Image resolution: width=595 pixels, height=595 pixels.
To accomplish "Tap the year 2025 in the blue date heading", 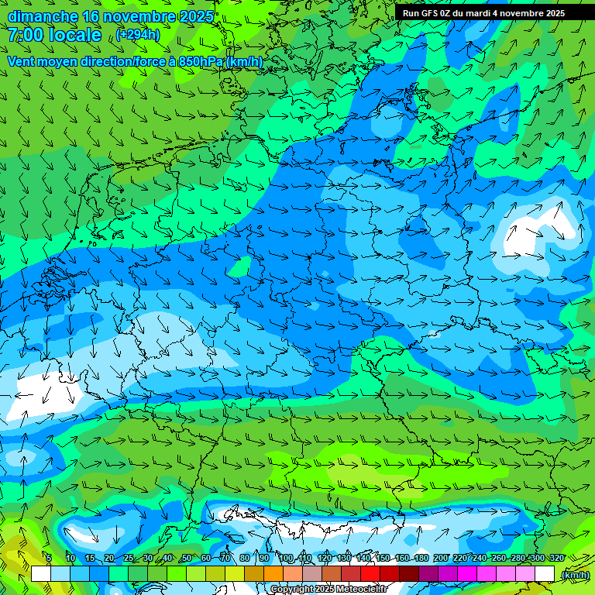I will click(x=195, y=16).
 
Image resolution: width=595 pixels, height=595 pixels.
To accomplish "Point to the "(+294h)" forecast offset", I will click(x=138, y=35).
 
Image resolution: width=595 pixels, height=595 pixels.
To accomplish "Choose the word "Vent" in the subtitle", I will click(x=23, y=61).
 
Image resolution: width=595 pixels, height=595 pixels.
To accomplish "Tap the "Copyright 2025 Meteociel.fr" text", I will click(x=328, y=590).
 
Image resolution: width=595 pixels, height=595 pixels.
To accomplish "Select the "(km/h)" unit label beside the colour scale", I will click(x=574, y=575).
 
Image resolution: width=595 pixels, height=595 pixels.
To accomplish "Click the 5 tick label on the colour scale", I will click(x=48, y=559).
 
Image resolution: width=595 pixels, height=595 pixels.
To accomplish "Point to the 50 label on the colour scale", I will click(x=186, y=559).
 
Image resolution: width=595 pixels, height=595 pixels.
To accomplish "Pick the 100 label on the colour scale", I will click(x=287, y=559).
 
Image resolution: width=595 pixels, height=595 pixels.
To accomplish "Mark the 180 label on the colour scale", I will click(x=421, y=559).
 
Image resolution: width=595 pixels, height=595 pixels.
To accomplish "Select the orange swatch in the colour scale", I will click(x=273, y=574).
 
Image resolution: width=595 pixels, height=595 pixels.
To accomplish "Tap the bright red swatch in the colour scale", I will click(x=370, y=574).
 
